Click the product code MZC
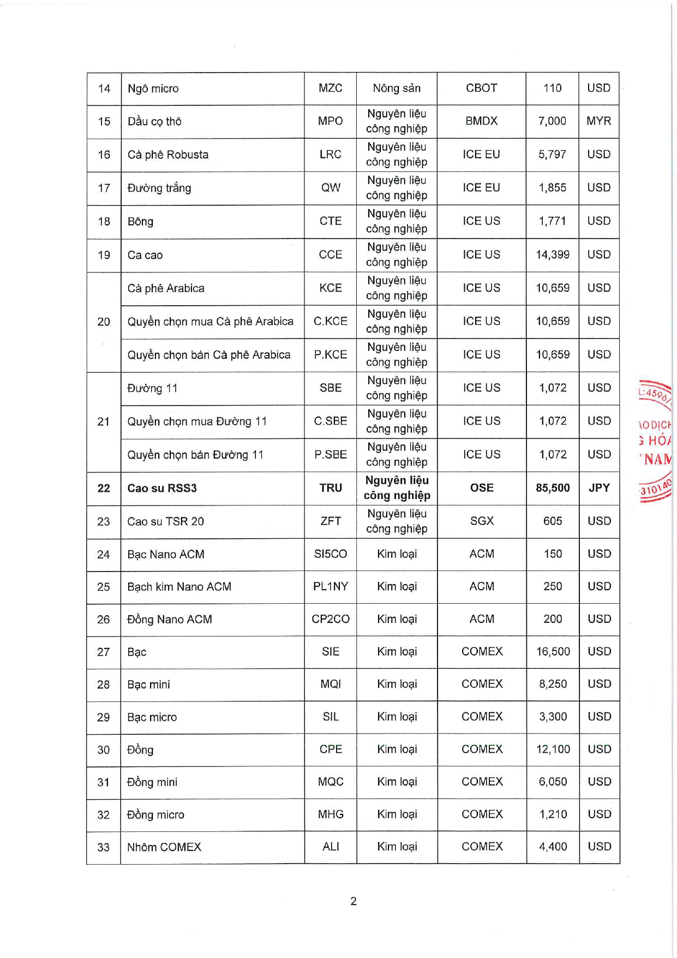tap(330, 88)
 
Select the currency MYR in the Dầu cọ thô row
tap(598, 121)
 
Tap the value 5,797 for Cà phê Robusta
tap(552, 154)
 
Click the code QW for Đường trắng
tap(330, 188)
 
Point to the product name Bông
tap(140, 222)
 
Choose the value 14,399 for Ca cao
tap(552, 255)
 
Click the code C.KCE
tap(330, 322)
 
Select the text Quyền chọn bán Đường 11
tap(195, 455)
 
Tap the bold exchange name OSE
tap(481, 488)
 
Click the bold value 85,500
tap(552, 488)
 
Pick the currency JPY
tap(598, 488)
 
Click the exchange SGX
tap(481, 521)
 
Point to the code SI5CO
tap(330, 554)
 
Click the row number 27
tap(103, 652)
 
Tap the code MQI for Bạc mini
tap(330, 685)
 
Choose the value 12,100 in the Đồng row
tap(553, 749)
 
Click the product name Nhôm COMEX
tap(164, 847)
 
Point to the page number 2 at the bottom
tap(353, 901)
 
